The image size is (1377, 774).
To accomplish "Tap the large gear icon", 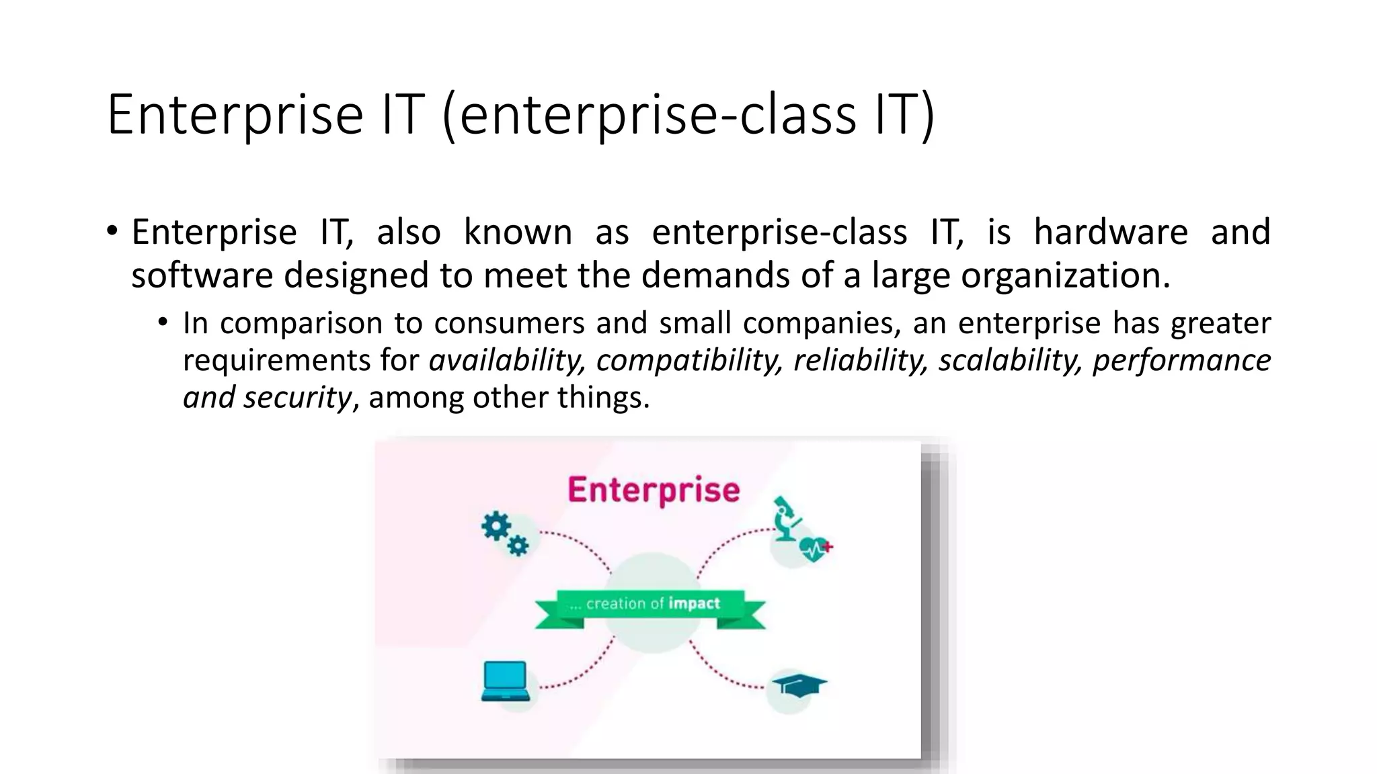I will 496,526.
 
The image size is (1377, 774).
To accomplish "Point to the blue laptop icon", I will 505,681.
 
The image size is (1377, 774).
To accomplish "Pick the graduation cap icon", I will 798,686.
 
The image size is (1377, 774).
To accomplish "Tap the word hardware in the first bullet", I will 1110,232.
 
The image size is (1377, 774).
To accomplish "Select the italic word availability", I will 506,360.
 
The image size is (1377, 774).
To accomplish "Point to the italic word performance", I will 1181,360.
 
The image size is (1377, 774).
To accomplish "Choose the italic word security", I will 297,398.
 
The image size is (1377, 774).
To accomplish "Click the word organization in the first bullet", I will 1065,275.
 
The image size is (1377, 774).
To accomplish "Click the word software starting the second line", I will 202,275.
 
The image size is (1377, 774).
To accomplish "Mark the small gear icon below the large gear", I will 518,546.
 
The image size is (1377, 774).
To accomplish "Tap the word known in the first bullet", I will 517,232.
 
